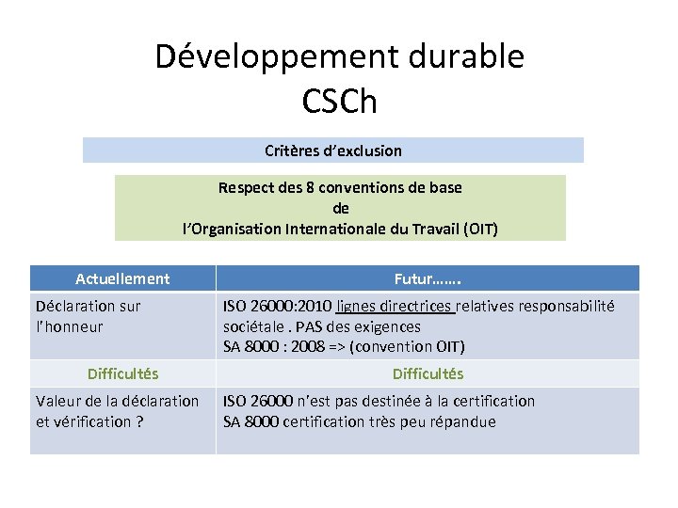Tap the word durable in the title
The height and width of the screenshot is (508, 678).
point(464,57)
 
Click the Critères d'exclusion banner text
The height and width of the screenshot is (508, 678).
point(333,151)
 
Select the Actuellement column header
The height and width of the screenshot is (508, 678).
point(122,278)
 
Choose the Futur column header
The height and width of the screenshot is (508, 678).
point(428,278)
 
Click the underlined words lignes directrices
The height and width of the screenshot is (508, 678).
point(395,306)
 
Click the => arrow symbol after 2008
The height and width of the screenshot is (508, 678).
point(335,347)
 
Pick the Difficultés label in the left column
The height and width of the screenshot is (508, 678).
point(122,373)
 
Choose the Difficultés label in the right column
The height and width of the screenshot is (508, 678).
point(428,373)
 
